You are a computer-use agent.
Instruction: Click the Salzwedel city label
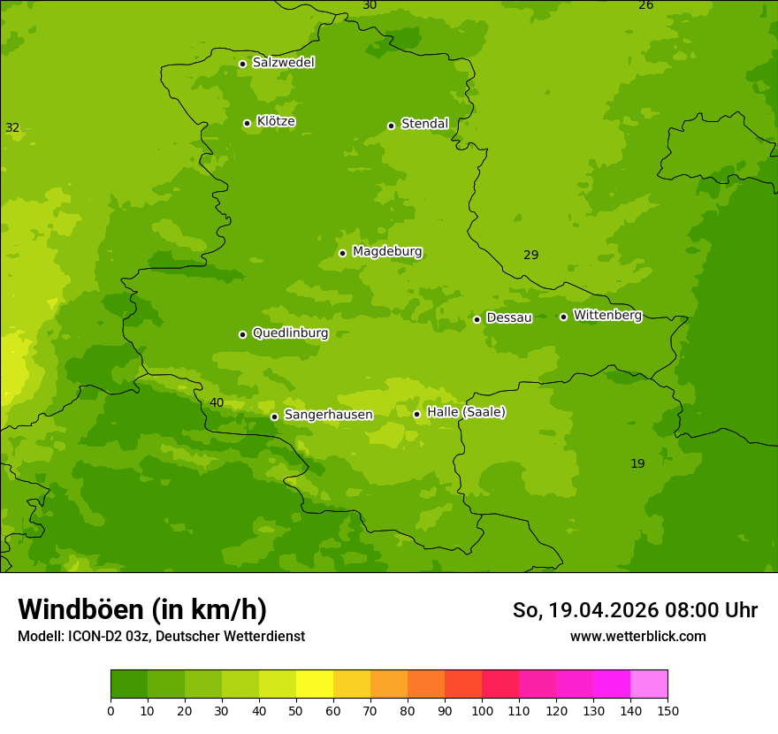283,63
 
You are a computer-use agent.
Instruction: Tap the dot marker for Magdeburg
342,253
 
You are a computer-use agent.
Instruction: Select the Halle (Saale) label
466,412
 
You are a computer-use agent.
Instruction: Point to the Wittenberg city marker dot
563,317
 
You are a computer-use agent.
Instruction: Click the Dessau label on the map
509,317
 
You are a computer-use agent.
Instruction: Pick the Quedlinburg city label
290,333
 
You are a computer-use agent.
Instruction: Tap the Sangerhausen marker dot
274,417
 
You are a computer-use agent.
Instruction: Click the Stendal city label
425,124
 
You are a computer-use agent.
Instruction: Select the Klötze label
276,121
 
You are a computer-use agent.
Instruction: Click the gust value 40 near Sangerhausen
217,403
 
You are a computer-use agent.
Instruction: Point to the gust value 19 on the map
637,464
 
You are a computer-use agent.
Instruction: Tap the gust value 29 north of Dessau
530,256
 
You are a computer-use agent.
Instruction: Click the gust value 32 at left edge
12,128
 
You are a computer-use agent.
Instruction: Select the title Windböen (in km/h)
142,609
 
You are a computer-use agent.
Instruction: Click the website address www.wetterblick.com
637,637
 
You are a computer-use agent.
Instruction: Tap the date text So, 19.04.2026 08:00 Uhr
635,610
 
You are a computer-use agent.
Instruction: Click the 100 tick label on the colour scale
482,710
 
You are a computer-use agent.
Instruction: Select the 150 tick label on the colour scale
667,710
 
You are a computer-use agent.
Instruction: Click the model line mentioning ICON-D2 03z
161,637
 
